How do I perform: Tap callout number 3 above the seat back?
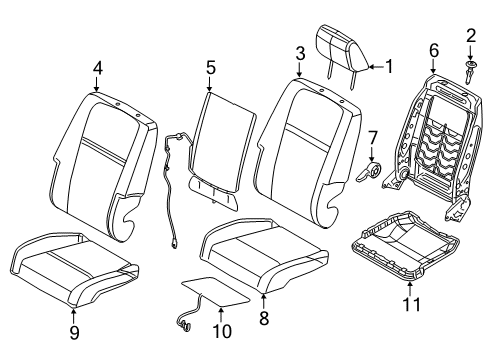(299, 51)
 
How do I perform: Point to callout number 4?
(97, 69)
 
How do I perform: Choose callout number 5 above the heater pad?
(210, 69)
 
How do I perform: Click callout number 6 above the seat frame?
(433, 48)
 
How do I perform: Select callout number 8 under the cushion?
(264, 319)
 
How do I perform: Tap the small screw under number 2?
(468, 71)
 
